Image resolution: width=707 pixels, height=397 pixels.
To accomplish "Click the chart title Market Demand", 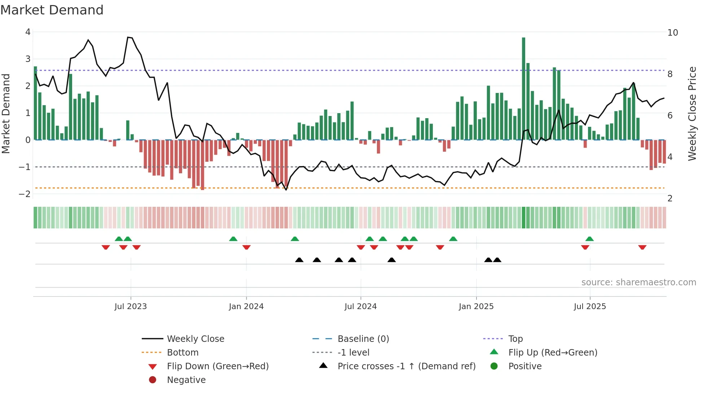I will coord(52,10).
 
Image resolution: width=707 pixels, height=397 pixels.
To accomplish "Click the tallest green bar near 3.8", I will coord(523,88).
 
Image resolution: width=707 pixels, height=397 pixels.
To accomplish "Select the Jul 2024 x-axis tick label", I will coord(360,307).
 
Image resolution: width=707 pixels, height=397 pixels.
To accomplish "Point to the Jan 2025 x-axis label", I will coord(476,307).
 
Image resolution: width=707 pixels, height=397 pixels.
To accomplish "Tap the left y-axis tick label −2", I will coord(25,194).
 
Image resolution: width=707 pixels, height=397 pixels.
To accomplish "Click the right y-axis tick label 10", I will coord(672,33).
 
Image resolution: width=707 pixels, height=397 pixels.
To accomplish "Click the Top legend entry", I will coord(515,339).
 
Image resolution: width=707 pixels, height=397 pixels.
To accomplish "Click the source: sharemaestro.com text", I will coord(638,282).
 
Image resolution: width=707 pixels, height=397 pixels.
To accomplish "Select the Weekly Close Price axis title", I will coord(692,113).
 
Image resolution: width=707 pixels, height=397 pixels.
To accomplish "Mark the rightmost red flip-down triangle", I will coord(642,247).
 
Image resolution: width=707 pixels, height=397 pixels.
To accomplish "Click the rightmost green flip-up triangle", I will coord(589,239).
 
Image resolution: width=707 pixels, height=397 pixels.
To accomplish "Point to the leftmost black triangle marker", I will coord(299,260).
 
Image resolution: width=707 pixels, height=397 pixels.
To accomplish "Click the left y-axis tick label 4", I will coord(28,32).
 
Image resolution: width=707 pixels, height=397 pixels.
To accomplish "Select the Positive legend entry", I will coord(525,366).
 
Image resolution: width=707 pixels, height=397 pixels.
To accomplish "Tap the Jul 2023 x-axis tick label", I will coord(131,307).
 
